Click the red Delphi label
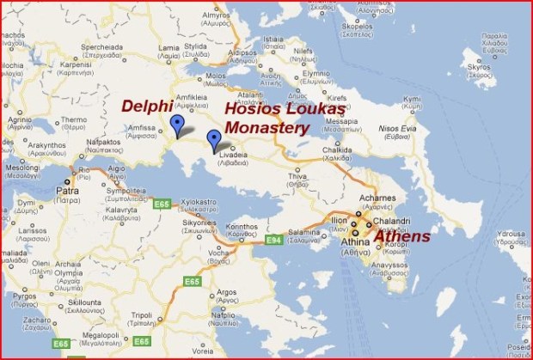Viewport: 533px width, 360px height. click(147, 107)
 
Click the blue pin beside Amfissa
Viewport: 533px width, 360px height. click(177, 125)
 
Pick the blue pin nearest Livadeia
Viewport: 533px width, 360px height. click(214, 140)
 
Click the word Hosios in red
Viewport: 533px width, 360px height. click(254, 110)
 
